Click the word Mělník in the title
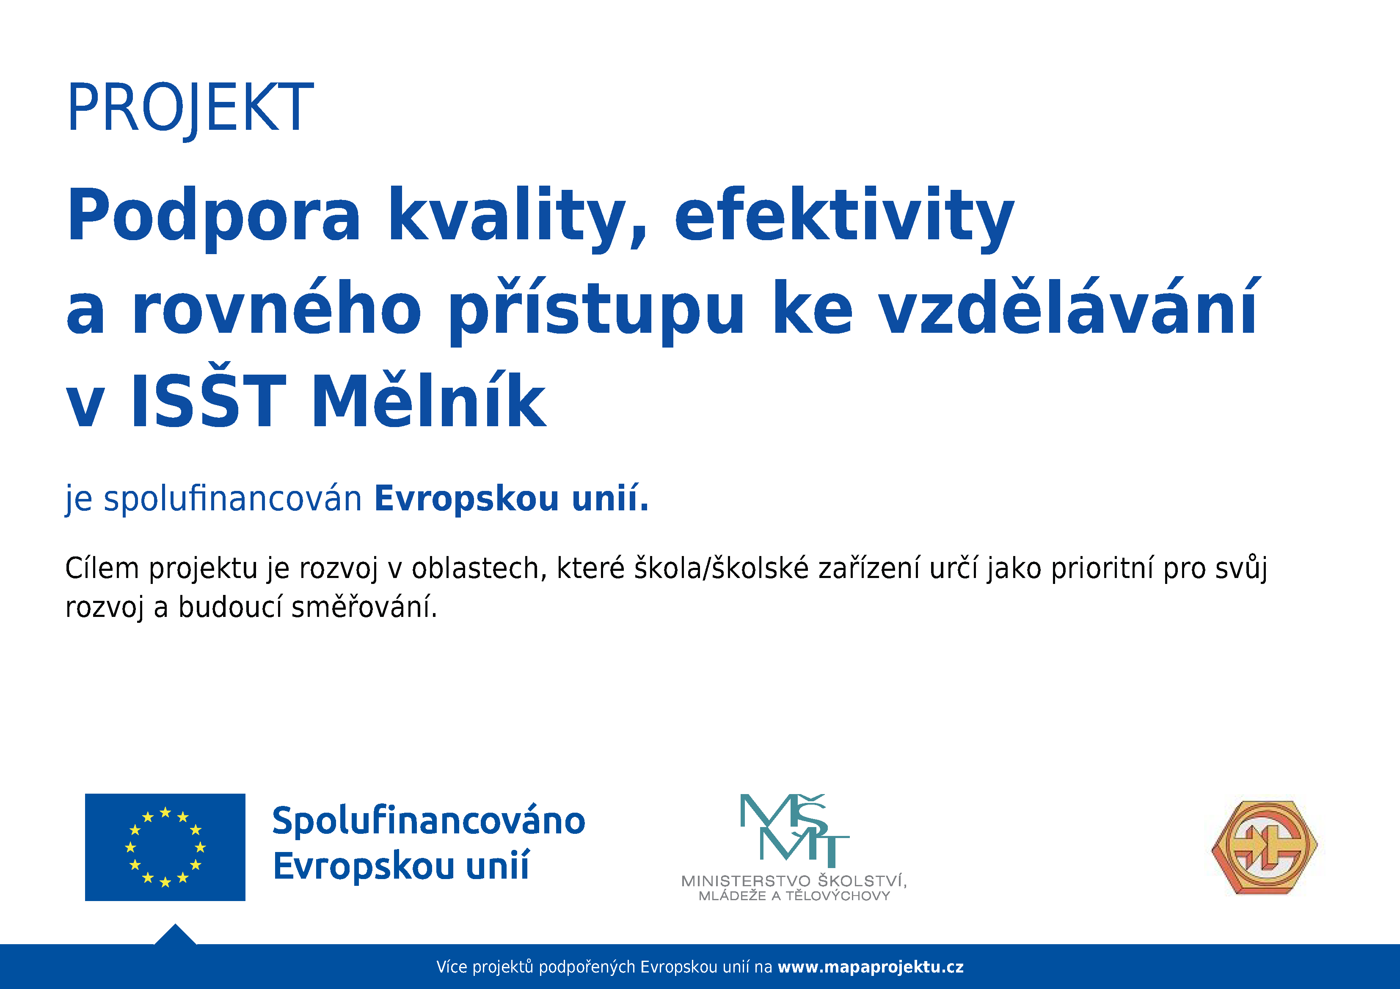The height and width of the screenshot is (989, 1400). [x=429, y=399]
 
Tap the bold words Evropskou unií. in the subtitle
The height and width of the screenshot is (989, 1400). [x=512, y=499]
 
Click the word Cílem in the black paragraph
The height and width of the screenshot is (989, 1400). [x=102, y=569]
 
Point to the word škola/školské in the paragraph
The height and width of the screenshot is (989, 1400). [x=721, y=569]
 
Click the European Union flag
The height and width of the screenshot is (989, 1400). [x=165, y=847]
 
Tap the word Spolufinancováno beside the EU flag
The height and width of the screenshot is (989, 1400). [x=429, y=820]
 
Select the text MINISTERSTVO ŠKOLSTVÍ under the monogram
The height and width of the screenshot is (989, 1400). [x=794, y=880]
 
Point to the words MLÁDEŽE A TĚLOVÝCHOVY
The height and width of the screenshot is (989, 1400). [x=794, y=896]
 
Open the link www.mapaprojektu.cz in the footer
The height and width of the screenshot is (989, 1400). [x=871, y=967]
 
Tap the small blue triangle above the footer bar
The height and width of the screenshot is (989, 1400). [x=176, y=935]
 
